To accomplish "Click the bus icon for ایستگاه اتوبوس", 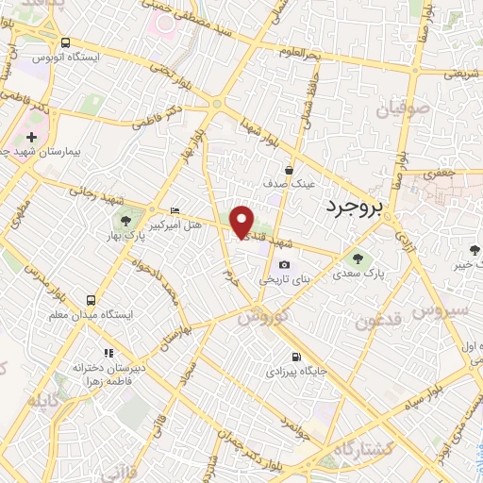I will click(x=65, y=42).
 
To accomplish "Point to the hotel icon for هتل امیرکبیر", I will click(x=174, y=210).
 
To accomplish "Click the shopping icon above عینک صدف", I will click(x=289, y=170).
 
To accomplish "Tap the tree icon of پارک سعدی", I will click(x=357, y=257).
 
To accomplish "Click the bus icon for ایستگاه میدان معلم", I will click(x=92, y=299).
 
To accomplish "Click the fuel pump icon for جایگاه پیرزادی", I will click(x=297, y=357).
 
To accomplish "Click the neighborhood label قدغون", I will click(x=380, y=321).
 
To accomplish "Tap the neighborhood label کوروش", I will click(x=259, y=318).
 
